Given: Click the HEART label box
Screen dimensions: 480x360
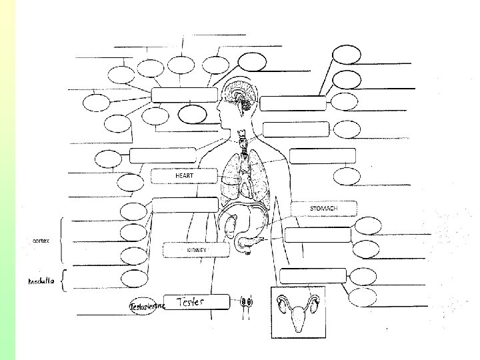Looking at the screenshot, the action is [184, 176].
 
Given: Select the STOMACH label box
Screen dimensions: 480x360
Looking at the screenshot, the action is [323, 209].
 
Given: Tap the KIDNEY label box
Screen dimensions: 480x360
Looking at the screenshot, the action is [196, 249].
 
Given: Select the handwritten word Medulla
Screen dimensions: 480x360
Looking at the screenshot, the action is [41, 282].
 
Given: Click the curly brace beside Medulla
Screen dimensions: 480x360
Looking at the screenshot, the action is [63, 281].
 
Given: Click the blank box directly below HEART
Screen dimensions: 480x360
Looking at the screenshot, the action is [185, 205].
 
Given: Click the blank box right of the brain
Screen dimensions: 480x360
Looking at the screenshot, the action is [293, 103].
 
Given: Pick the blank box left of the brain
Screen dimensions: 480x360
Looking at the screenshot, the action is [184, 95].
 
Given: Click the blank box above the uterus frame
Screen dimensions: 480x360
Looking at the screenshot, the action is [313, 275].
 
